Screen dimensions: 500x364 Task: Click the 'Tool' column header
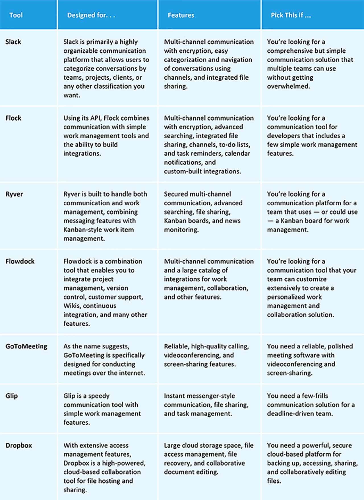click(16, 15)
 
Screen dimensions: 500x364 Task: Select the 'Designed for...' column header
click(91, 15)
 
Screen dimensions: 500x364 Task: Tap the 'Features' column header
click(181, 15)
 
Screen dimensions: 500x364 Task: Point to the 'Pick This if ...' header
click(291, 15)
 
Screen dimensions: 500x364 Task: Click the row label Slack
click(13, 42)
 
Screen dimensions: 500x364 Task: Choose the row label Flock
click(13, 118)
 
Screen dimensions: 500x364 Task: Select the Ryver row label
click(14, 194)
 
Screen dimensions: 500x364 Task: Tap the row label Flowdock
click(20, 261)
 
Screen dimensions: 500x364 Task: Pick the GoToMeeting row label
click(26, 346)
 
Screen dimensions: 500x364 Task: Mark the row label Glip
click(11, 396)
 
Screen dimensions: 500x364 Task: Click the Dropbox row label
click(19, 445)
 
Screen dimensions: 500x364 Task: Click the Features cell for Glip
click(206, 405)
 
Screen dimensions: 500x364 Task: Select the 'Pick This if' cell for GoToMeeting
click(310, 359)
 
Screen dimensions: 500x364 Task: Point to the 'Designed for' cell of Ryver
click(105, 216)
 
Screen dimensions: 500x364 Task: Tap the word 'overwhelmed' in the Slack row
click(288, 86)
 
